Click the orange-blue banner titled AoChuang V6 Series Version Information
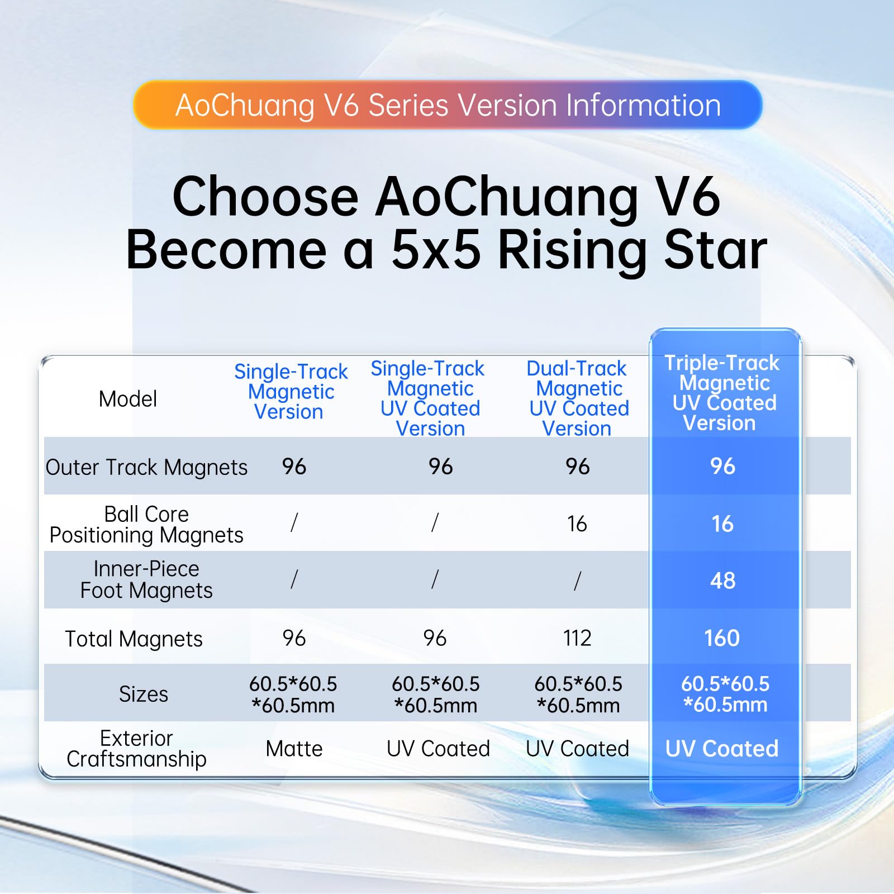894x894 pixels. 448,104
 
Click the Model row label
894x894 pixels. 128,399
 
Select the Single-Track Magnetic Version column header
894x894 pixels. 291,392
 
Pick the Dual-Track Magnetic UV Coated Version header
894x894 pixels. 579,398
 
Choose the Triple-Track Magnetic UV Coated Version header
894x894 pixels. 722,393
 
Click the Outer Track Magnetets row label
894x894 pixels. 146,467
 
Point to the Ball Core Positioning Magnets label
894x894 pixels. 146,525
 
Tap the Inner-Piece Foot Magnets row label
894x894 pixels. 146,579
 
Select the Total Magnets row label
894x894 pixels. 134,639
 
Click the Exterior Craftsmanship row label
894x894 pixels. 136,749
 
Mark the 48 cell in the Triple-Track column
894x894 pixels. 723,581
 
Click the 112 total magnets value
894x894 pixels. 577,638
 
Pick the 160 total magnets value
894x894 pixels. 722,638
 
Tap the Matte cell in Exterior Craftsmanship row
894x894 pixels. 294,749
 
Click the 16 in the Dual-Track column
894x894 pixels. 577,524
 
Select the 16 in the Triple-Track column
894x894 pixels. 722,524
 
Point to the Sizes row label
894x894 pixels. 144,694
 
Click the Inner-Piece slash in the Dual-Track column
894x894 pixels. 578,581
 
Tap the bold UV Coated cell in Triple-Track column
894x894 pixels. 722,749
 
